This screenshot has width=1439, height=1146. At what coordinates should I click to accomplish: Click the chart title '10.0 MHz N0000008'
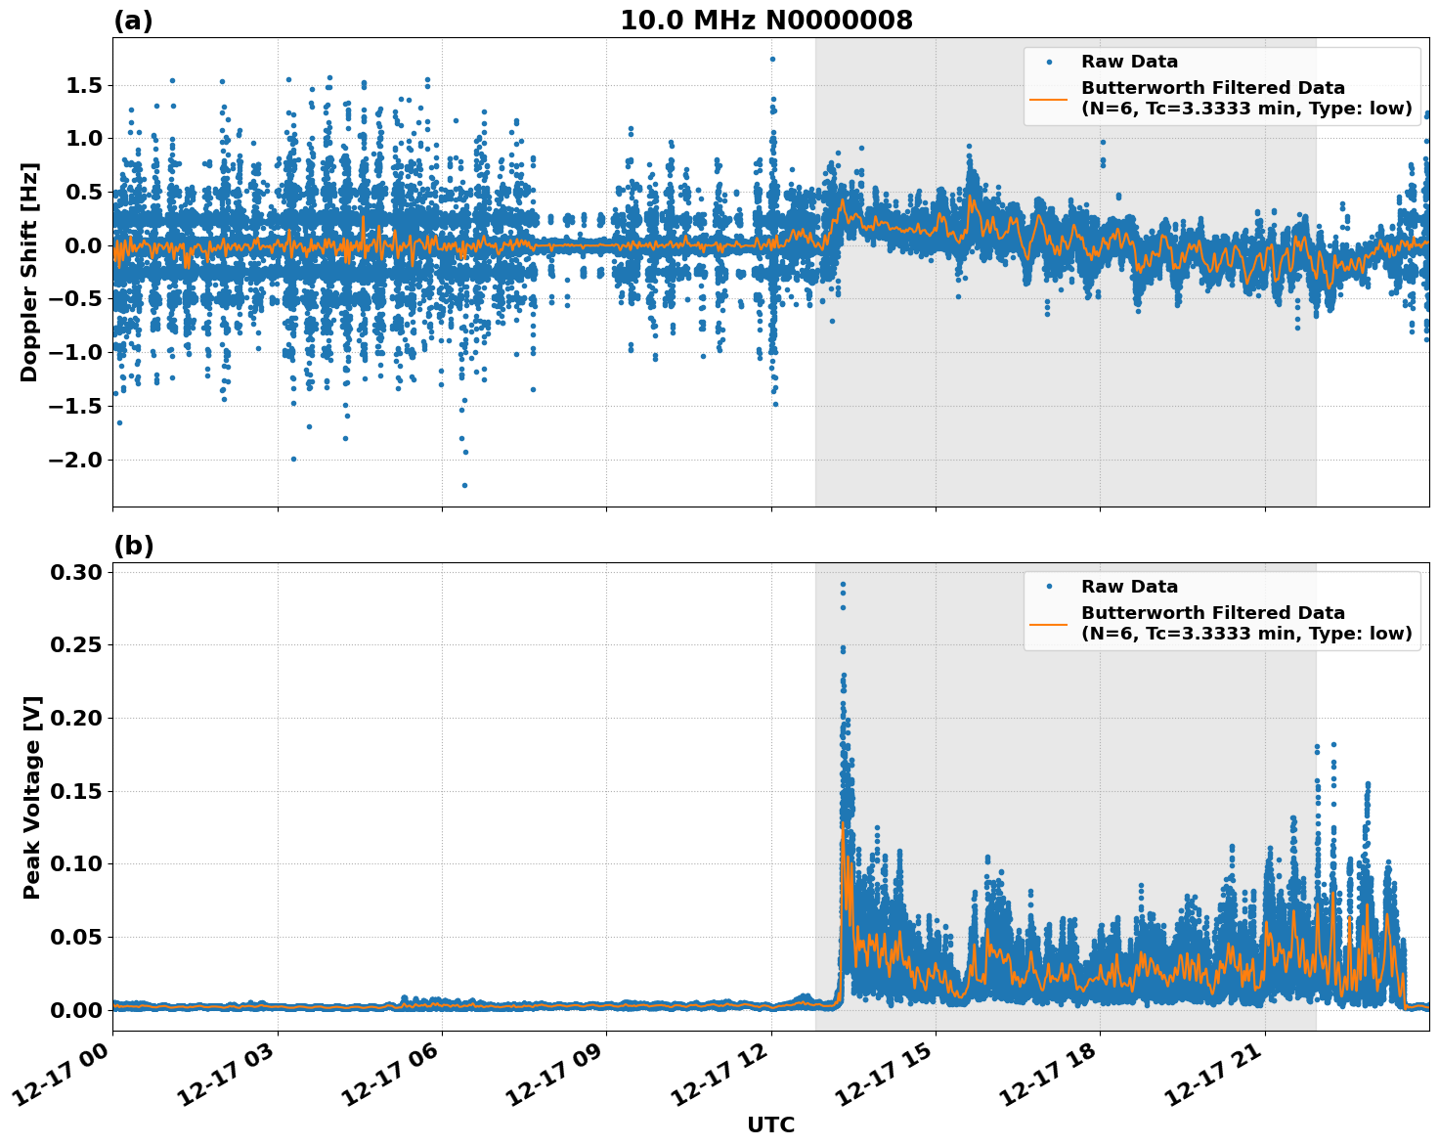(765, 21)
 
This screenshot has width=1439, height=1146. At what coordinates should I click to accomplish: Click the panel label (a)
(133, 21)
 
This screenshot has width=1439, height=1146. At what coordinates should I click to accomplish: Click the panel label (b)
(133, 546)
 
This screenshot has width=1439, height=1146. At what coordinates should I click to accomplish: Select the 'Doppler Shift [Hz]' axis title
(29, 272)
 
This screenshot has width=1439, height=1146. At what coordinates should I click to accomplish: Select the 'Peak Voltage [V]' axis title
(32, 797)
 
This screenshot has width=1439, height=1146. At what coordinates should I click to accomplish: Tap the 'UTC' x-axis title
(770, 1124)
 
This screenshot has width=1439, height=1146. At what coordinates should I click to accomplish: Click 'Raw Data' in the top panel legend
(1129, 63)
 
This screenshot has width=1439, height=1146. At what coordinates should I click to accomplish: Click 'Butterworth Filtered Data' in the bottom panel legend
(1212, 613)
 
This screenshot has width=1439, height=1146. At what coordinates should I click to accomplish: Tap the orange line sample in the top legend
(1048, 99)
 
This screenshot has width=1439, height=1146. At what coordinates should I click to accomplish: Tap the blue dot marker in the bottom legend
(1049, 587)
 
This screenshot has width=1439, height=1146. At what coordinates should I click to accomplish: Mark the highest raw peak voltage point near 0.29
(843, 585)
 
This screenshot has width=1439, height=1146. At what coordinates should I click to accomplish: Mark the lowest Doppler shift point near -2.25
(464, 485)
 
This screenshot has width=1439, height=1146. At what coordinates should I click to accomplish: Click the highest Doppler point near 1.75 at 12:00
(772, 59)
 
